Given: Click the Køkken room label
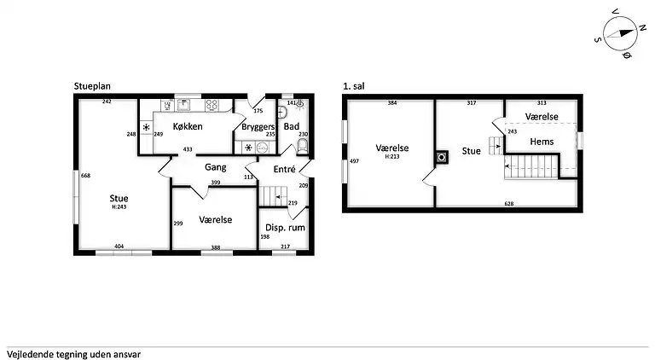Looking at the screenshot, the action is point(188,126).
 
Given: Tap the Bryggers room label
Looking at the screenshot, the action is point(258,126).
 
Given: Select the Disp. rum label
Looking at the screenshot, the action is point(285,228).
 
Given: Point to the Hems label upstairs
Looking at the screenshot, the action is point(542,142).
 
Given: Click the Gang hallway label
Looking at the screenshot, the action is point(216,167).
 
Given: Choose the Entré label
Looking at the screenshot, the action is point(285,169).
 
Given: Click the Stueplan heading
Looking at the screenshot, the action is point(92,86).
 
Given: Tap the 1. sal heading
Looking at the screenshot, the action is point(353,86).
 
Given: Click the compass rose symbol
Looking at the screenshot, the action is point(620,33).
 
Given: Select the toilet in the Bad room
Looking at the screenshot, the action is point(302,146).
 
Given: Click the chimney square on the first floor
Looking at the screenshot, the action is point(442,158).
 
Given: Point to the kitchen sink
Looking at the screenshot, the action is point(183,104).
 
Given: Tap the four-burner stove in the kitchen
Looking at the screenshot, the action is point(212,105).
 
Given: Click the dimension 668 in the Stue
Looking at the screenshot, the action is point(85,176).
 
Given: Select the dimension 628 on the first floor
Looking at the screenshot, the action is point(509,204).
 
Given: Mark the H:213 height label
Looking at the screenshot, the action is point(391,157).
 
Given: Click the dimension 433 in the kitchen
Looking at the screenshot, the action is point(188,149).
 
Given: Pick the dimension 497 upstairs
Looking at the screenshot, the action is point(354,160).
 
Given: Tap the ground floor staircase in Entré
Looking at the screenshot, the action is point(274,196).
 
